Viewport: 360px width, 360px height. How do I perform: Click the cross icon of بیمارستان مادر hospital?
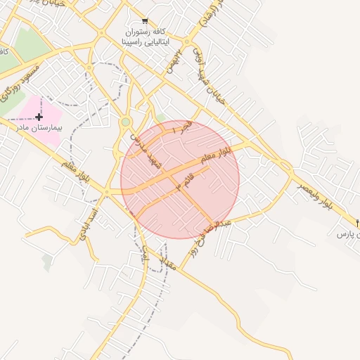pyautogui.click(x=39, y=117)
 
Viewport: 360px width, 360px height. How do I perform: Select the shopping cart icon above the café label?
pyautogui.click(x=145, y=21)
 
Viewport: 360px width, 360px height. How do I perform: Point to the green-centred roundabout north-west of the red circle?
pyautogui.click(x=126, y=122)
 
